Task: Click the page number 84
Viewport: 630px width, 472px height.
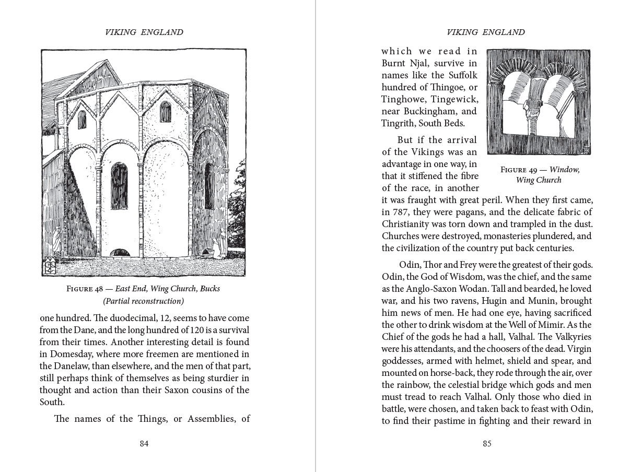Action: (x=144, y=444)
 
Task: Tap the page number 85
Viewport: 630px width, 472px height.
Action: (x=487, y=444)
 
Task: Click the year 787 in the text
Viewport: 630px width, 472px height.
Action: (x=402, y=212)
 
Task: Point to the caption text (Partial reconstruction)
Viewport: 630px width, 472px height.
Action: (x=144, y=301)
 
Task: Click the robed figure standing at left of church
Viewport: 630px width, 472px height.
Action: (x=56, y=241)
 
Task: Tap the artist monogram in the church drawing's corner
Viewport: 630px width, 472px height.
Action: (x=49, y=266)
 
